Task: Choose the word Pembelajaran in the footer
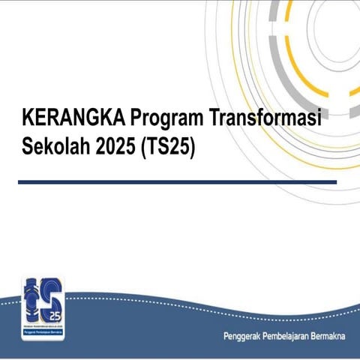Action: [x=291, y=334]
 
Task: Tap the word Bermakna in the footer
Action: [x=332, y=334]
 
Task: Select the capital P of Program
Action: [x=136, y=118]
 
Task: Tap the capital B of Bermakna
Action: [x=318, y=334]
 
